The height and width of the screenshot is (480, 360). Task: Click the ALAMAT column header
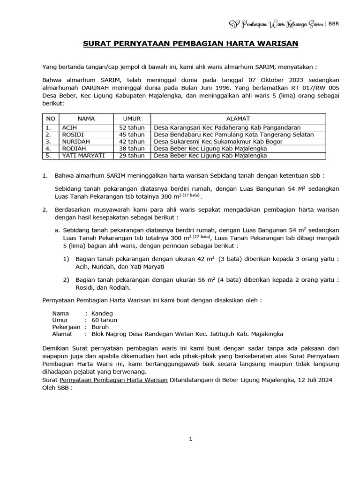238,119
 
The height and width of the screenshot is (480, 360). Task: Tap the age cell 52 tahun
131,127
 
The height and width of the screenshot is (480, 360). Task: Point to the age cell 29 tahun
131,155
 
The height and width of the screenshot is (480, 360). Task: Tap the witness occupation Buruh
100,327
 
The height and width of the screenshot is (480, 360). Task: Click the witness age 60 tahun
105,320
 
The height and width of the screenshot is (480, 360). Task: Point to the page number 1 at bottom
190,439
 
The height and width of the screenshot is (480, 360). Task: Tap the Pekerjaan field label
66,327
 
